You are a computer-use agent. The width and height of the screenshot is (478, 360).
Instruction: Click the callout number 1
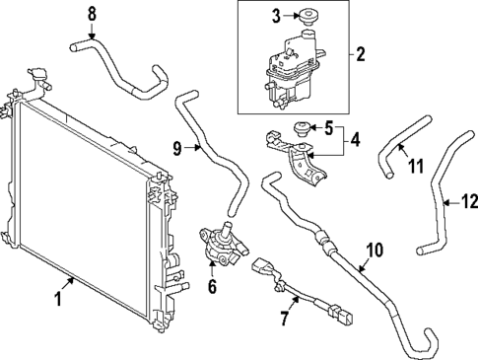(x=57, y=295)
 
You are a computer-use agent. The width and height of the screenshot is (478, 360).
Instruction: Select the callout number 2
(x=361, y=55)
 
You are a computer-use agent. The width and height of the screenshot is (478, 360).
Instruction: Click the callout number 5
(x=329, y=127)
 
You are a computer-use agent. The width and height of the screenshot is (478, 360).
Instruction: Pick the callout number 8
(x=92, y=13)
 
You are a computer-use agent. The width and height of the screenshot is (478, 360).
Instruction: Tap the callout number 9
(x=177, y=149)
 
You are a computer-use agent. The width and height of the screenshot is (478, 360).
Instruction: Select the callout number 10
(x=372, y=252)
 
